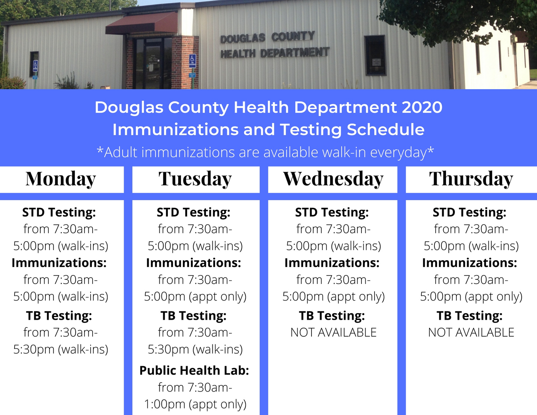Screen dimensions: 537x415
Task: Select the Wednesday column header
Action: coord(333,178)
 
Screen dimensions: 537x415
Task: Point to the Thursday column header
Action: coord(471,178)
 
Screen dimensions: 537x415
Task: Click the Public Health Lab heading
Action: coord(194,370)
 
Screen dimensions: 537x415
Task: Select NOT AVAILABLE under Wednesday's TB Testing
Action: coord(333,332)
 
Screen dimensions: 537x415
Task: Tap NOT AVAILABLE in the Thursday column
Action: coord(471,332)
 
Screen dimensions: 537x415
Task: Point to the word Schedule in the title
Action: coord(386,129)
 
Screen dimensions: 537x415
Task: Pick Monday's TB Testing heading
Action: coord(59,316)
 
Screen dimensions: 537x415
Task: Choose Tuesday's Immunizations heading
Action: coord(194,263)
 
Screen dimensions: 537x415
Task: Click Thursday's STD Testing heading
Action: coord(469,212)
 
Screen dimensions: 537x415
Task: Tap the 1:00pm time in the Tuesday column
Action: coord(164,404)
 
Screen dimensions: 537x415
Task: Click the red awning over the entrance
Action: coord(142,23)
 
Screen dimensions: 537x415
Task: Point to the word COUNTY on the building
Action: coord(293,37)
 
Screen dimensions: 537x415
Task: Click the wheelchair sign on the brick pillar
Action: coord(192,61)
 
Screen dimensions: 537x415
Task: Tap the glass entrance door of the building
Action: coord(154,64)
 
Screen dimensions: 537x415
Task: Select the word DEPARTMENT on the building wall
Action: coord(295,53)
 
